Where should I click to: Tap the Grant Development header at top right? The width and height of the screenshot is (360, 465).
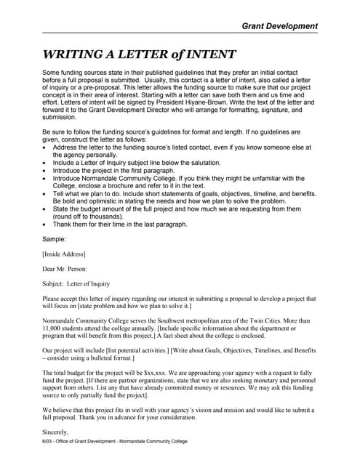pos(280,26)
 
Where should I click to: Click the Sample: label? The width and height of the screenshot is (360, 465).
pos(55,238)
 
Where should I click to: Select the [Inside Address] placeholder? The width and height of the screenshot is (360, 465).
pos(64,254)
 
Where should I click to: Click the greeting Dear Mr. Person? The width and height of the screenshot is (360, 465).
pos(65,269)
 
